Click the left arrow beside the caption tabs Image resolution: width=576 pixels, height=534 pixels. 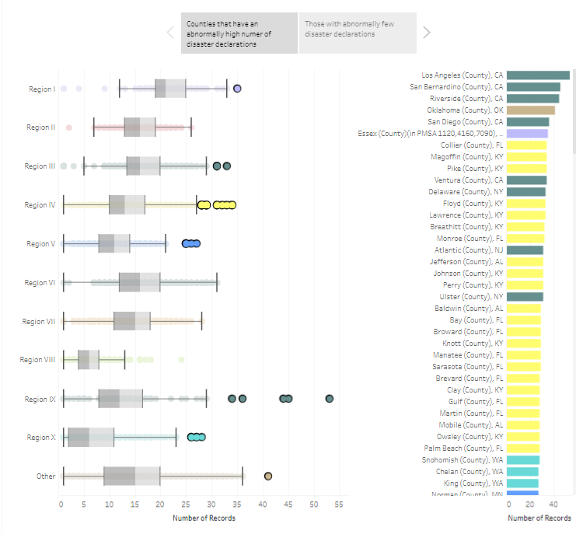click(x=170, y=32)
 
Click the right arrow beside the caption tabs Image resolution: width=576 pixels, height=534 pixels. click(x=426, y=32)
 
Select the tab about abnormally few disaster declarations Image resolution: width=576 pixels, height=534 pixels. click(x=357, y=33)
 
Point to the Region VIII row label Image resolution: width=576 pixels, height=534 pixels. click(x=37, y=360)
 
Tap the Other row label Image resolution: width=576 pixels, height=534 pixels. click(x=46, y=476)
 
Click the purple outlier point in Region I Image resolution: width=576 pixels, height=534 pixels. click(x=237, y=89)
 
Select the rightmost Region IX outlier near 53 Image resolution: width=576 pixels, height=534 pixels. click(x=330, y=399)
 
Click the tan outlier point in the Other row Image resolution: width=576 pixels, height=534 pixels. click(x=268, y=476)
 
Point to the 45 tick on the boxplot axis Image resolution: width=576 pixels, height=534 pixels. click(x=288, y=504)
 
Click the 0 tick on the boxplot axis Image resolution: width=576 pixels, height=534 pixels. click(x=61, y=504)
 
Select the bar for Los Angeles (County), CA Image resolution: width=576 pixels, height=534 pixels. click(x=538, y=75)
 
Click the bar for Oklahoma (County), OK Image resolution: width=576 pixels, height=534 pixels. click(x=530, y=110)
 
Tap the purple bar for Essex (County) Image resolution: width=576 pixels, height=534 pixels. click(x=527, y=134)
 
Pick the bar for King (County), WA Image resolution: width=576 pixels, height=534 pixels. click(x=522, y=483)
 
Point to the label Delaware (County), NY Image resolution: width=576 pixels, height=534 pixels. click(x=466, y=192)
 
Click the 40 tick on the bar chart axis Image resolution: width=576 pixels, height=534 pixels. click(x=551, y=504)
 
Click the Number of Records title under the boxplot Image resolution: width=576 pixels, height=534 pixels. click(x=204, y=518)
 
